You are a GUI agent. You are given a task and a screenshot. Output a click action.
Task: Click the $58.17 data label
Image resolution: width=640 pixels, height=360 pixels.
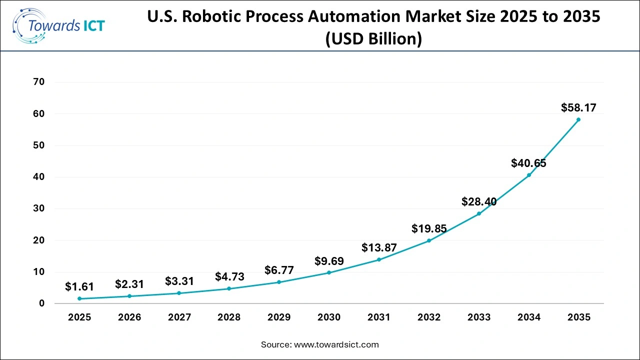[578, 107]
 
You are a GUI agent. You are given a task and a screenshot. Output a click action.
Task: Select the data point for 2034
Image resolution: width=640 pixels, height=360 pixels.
[529, 175]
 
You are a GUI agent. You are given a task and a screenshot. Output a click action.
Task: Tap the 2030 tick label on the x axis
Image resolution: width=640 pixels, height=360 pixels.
[329, 317]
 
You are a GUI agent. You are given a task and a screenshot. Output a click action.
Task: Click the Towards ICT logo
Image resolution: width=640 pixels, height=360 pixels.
[58, 25]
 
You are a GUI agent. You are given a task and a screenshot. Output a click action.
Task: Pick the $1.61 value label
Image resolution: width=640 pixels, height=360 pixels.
[79, 287]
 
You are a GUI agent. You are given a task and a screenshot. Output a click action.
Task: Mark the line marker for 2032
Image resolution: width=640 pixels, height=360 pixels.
[429, 240]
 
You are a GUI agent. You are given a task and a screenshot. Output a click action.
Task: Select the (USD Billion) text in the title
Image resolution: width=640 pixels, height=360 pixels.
[373, 38]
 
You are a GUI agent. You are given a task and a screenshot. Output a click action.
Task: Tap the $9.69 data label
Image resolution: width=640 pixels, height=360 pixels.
[329, 261]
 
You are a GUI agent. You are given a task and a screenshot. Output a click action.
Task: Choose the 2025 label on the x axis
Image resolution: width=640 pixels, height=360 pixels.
[79, 317]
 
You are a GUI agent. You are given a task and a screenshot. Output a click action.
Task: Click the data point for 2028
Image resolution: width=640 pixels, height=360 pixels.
[229, 288]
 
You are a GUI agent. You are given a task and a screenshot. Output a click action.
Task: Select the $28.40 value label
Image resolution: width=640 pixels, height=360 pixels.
[478, 202]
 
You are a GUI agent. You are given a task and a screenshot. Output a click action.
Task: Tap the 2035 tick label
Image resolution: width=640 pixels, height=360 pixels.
[578, 317]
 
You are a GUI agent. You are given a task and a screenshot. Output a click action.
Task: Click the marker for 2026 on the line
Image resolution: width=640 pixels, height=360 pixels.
[129, 296]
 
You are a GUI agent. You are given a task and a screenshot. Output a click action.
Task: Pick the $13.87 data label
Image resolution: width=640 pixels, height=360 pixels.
[378, 247]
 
